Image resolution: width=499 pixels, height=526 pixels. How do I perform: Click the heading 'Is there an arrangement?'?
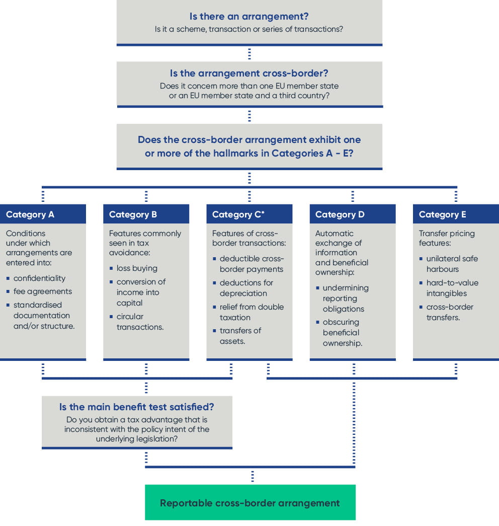point(249,16)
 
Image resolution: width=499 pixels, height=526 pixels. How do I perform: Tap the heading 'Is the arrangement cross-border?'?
point(249,73)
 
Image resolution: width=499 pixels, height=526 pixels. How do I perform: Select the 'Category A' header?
point(30,214)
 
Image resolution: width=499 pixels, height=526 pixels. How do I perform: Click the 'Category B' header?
point(133,214)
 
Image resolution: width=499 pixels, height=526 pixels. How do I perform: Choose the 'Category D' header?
point(340,214)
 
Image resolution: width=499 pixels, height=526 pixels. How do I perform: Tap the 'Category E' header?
point(443,214)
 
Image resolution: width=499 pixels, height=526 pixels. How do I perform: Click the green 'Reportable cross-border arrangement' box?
point(250,503)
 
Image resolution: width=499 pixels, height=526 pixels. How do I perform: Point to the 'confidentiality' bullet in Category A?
point(39,278)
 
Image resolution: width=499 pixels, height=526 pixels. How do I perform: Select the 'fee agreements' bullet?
point(43,291)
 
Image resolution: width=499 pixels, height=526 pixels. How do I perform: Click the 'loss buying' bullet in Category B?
point(137,268)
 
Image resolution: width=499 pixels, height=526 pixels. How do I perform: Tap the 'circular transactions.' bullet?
point(140,322)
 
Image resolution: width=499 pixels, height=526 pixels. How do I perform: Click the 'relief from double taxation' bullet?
point(251,312)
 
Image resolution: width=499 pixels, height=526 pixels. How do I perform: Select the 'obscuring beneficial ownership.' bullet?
point(342,333)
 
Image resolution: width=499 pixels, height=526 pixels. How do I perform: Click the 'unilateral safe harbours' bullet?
point(452,264)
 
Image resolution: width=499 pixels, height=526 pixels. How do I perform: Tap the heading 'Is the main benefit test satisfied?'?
point(137,407)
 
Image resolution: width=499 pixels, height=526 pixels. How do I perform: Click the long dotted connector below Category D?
point(354,423)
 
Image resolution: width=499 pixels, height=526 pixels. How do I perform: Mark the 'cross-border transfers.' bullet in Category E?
point(450,312)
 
